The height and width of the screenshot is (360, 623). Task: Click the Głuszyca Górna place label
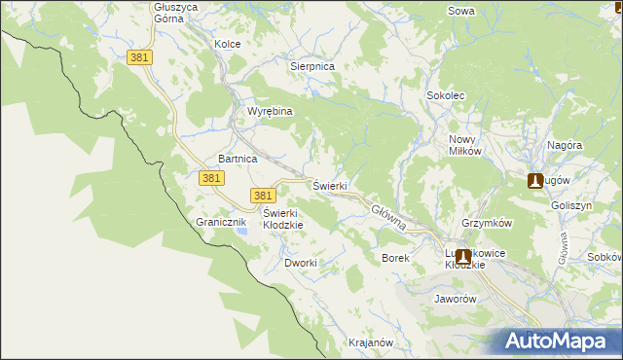click(176, 13)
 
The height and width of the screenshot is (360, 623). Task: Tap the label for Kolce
click(227, 44)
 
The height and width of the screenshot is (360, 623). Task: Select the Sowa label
click(460, 11)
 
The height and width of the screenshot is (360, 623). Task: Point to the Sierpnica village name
click(312, 66)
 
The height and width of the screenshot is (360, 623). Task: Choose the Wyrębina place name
click(270, 111)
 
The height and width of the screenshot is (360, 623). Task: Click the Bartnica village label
click(238, 158)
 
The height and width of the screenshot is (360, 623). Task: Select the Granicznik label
click(223, 222)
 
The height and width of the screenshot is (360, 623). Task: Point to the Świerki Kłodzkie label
click(283, 219)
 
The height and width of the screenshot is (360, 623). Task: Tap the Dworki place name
click(301, 263)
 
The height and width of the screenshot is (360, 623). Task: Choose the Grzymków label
click(488, 223)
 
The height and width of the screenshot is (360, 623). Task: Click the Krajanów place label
click(370, 342)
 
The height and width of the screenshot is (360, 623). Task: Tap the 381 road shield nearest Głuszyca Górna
click(139, 58)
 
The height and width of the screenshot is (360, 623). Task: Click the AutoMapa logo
click(560, 342)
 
